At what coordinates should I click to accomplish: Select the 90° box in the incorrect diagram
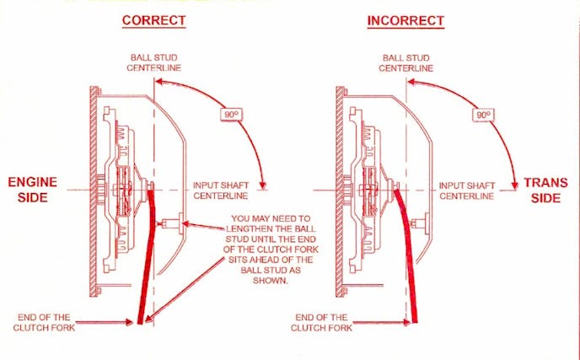coord(482,114)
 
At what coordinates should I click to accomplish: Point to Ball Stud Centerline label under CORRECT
coord(153,62)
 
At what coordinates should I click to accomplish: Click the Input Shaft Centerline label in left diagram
coord(220,191)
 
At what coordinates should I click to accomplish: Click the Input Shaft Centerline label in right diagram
coord(467,191)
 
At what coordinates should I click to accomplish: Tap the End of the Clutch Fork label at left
coord(46,322)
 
